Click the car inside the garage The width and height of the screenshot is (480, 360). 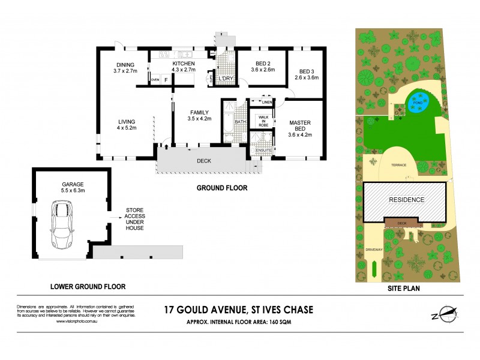pos(62,224)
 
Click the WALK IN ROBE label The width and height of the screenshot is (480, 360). pos(262,121)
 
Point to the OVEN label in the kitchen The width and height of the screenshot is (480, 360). pos(155,79)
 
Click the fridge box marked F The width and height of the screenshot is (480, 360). pos(166,79)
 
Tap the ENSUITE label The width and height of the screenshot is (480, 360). pos(263,149)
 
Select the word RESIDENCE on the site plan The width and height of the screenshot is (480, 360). pos(406,199)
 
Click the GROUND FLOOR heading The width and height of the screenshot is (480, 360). pos(222,188)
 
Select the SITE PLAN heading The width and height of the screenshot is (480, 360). pos(404,288)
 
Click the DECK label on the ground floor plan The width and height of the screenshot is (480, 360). pos(203,161)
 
